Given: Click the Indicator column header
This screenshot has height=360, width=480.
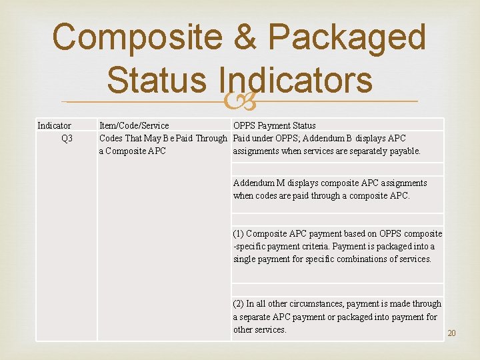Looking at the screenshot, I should coord(55,125).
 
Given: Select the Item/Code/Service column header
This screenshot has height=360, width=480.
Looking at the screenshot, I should coord(134,125).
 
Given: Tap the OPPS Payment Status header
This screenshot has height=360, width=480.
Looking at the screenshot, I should coord(274,125).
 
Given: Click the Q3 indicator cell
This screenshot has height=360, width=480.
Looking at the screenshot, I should coord(67,138).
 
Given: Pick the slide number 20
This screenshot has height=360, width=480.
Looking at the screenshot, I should coord(451,333).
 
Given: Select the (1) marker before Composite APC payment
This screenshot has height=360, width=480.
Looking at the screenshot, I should coord(238,233).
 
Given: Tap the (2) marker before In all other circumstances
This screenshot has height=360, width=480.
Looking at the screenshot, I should coord(238,303).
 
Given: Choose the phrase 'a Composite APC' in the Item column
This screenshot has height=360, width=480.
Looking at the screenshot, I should coord(133,151).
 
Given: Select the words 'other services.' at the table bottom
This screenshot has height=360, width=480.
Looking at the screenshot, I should coord(259,329).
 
